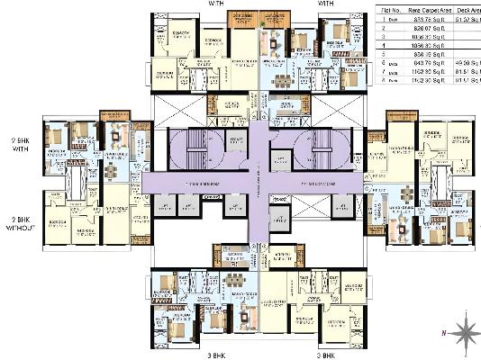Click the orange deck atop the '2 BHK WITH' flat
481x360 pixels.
pos(114,115)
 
